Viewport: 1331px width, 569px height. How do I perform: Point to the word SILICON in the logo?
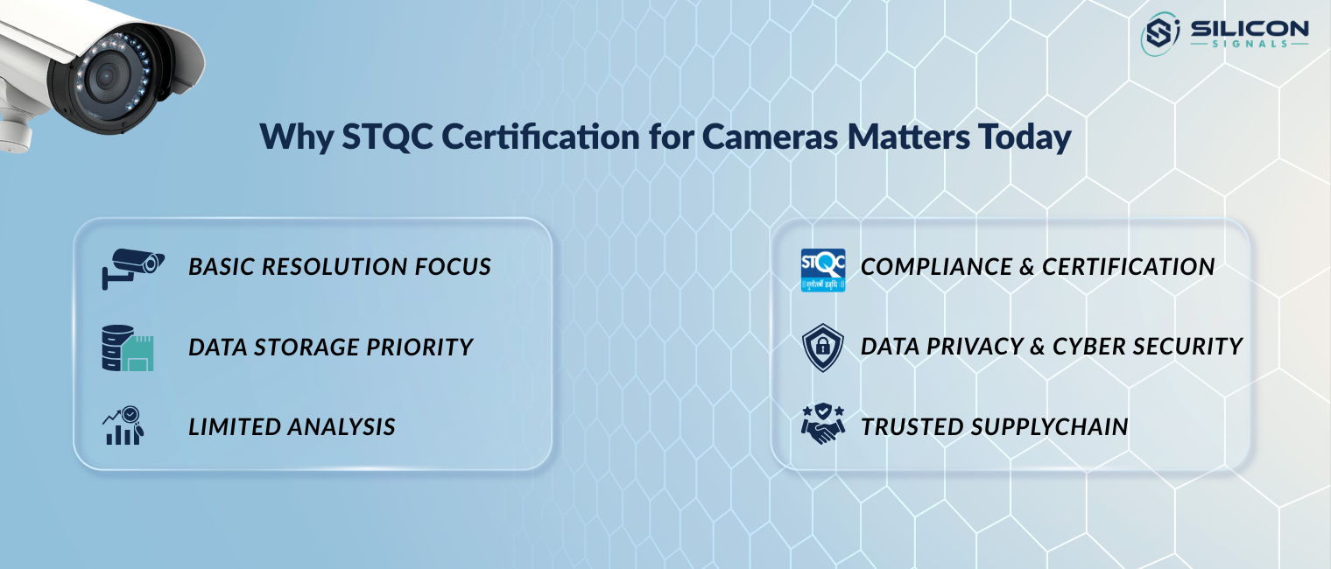[x=1249, y=29]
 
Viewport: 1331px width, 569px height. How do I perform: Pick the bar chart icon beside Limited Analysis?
[x=123, y=426]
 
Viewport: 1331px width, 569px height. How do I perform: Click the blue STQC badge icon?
[x=823, y=270]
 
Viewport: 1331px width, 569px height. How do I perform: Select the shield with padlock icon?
[x=823, y=348]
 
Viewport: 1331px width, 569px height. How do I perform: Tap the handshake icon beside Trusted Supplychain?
[x=823, y=425]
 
